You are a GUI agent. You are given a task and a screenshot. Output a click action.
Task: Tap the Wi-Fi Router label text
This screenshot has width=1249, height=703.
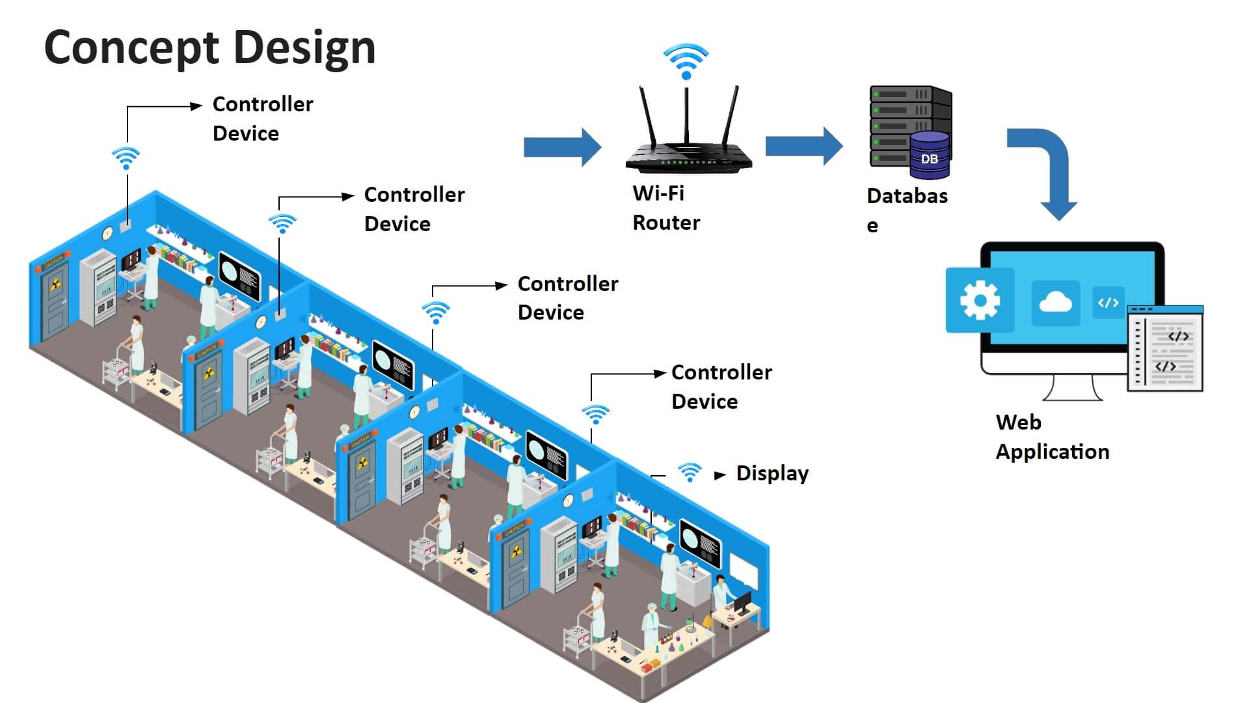click(665, 208)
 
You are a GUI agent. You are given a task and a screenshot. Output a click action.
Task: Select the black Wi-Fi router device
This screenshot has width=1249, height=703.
click(688, 156)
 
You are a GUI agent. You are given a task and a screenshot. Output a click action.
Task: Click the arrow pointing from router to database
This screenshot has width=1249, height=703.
click(804, 146)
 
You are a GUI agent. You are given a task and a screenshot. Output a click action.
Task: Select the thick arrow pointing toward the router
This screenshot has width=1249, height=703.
click(562, 147)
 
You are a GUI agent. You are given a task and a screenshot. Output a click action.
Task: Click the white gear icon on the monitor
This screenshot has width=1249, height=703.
click(980, 300)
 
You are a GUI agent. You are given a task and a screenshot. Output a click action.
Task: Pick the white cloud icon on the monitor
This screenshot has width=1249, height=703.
click(1055, 303)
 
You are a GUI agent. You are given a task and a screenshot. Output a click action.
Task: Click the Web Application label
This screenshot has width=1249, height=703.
click(1052, 437)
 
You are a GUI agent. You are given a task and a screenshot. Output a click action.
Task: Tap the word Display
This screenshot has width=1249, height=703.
click(772, 473)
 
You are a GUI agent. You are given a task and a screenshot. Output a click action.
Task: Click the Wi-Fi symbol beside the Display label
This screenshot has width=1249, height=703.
click(690, 471)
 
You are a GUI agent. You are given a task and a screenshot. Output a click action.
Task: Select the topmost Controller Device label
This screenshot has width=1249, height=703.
click(263, 118)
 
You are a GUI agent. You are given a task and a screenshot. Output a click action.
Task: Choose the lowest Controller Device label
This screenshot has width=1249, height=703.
click(721, 387)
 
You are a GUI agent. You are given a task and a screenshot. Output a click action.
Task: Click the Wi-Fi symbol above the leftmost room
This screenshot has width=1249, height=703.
click(126, 158)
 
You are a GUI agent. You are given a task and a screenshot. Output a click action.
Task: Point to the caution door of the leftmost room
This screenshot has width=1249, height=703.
click(55, 302)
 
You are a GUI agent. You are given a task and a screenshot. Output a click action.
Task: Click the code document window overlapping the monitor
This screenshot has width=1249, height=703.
click(1166, 350)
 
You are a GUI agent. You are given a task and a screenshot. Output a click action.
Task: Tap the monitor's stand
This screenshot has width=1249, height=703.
click(1073, 389)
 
